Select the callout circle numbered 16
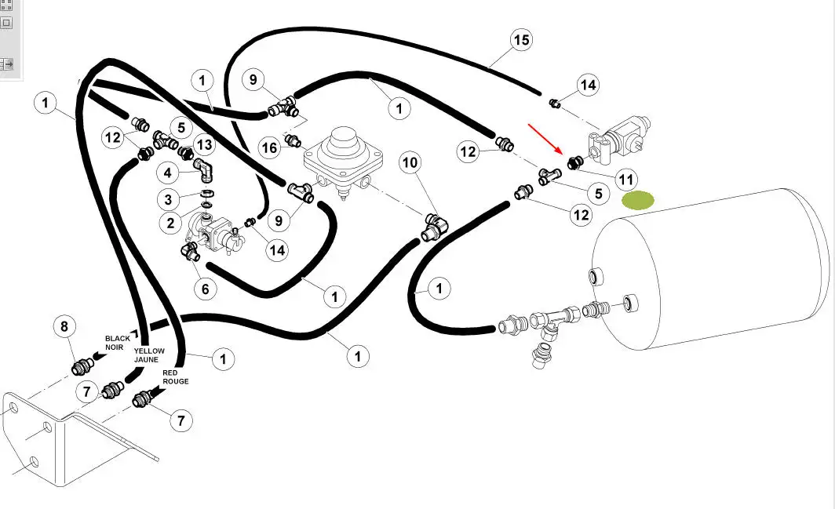269,147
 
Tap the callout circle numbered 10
410,163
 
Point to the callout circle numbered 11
625,180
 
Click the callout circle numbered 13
204,144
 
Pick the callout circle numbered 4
168,172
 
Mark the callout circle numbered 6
205,289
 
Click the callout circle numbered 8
64,327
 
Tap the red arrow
543,138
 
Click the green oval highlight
637,201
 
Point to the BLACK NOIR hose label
118,343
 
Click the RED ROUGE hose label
176,377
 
